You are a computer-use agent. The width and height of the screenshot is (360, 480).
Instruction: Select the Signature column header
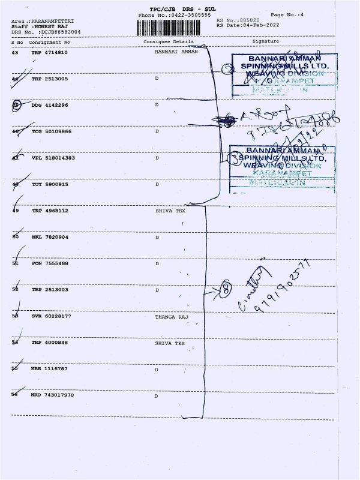[265, 41]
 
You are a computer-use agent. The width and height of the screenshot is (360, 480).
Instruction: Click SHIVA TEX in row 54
[170, 343]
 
